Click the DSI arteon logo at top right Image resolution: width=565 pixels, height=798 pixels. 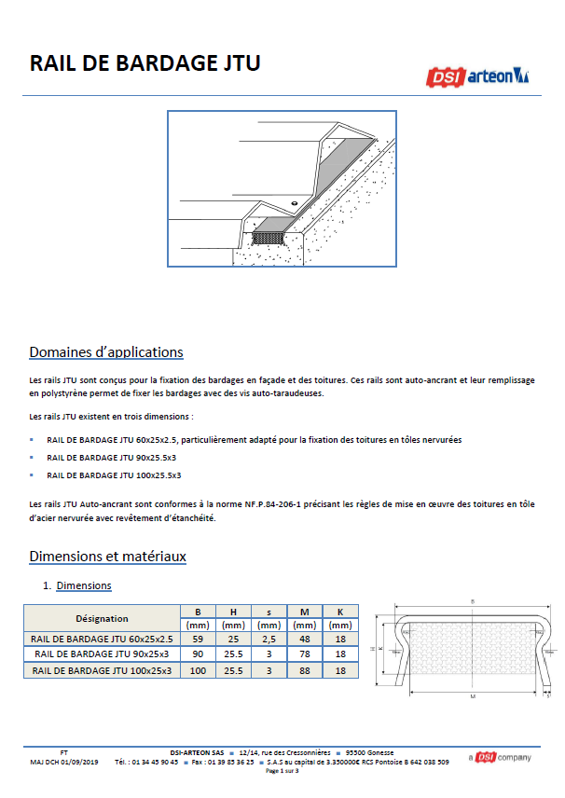point(477,76)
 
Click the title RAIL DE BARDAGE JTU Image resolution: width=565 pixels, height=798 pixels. point(145,63)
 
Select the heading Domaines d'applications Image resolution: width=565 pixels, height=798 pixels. point(106,351)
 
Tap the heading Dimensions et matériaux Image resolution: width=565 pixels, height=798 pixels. point(107,556)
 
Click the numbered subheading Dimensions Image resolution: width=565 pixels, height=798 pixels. point(84,585)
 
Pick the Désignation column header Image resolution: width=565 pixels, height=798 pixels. point(102,618)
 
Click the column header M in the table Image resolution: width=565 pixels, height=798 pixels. point(304,612)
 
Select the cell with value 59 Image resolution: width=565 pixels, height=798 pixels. point(198,639)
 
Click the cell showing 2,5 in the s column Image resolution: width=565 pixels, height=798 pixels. point(269,639)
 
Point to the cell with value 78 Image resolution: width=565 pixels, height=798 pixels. point(304,654)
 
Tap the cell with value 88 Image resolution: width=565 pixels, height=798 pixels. point(304,670)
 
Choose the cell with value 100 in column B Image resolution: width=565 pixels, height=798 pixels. point(198,670)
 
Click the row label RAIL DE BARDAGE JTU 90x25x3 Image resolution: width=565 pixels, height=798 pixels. point(102,654)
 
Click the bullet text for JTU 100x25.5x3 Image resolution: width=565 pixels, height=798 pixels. point(114,475)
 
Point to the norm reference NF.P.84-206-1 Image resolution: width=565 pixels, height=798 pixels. point(273,503)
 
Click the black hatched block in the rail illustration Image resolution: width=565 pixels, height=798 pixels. point(269,238)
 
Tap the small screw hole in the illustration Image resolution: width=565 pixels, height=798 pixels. point(295,203)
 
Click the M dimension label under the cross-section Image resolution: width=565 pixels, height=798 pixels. point(473,696)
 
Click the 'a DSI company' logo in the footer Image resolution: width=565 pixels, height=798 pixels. point(500,757)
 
